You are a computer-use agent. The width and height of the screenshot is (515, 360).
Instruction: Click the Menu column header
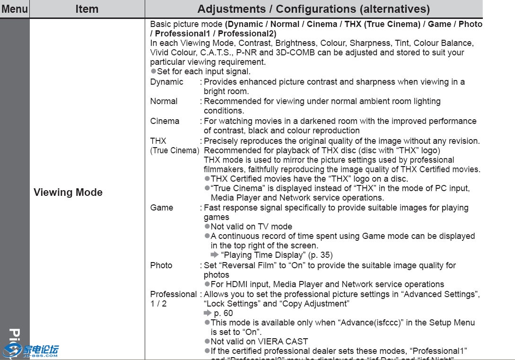pos(15,9)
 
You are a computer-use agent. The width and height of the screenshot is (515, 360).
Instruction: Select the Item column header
pos(87,9)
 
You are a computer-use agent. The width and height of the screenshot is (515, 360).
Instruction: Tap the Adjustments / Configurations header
pos(314,9)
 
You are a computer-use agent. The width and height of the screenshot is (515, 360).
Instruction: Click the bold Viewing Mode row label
pos(68,193)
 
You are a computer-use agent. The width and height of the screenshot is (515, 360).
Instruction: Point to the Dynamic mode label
pos(166,82)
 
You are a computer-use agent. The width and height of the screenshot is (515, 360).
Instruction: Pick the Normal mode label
pos(164,101)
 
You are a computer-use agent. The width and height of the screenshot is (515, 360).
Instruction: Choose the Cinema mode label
pos(165,121)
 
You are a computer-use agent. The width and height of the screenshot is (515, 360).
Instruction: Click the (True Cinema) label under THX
pos(175,150)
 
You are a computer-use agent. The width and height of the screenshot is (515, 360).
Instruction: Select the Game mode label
pos(162,208)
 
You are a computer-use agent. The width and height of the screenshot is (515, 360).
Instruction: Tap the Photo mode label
pos(161,265)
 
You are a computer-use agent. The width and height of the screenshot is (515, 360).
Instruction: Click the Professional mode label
pos(173,294)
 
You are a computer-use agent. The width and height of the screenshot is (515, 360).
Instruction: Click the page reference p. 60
pos(223,313)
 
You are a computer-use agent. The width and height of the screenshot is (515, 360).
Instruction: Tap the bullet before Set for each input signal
pos(153,71)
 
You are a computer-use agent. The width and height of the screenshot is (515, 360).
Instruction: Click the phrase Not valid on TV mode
pos(251,227)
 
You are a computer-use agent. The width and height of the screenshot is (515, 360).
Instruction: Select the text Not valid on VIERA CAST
pos(259,342)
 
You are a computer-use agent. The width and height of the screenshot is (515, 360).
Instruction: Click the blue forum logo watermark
pos(31,351)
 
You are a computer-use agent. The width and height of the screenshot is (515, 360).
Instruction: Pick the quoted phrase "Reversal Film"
pos(247,265)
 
